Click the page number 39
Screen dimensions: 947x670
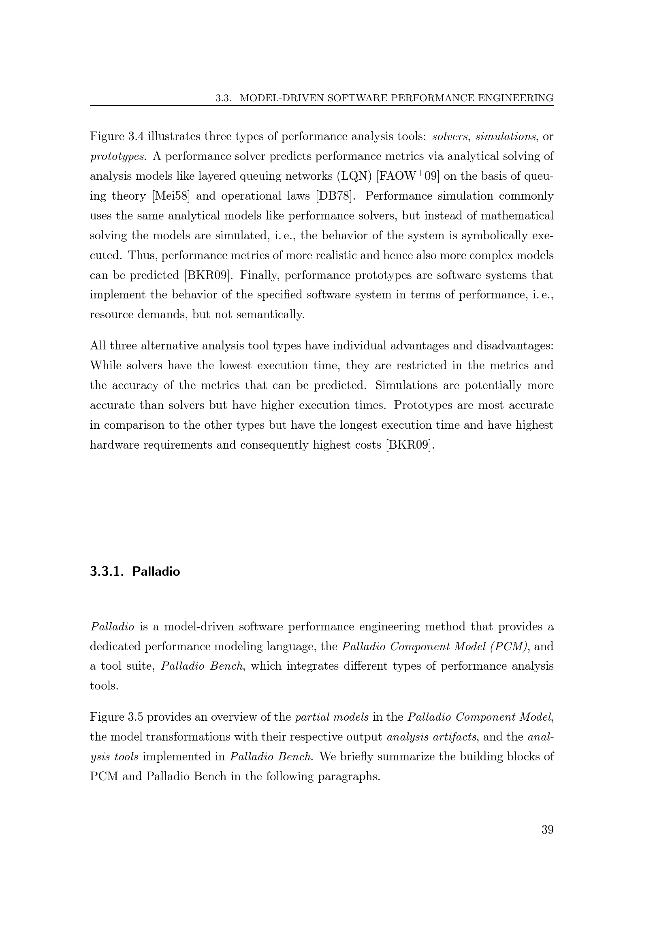[547, 830]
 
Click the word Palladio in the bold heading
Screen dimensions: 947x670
[156, 572]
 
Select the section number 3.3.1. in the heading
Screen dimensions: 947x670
[107, 572]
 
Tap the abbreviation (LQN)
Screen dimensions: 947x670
[354, 176]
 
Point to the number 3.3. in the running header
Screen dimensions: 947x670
[223, 98]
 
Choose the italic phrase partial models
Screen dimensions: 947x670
[332, 717]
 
